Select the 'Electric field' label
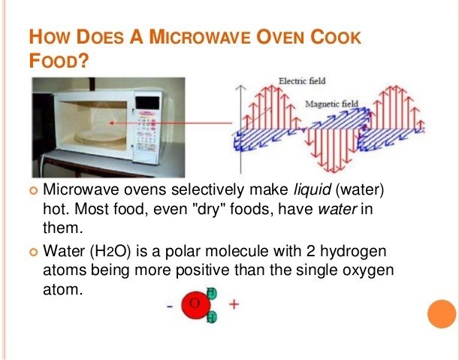pyautogui.click(x=302, y=80)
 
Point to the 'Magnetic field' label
pyautogui.click(x=333, y=103)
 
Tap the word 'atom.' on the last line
pyautogui.click(x=62, y=287)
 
